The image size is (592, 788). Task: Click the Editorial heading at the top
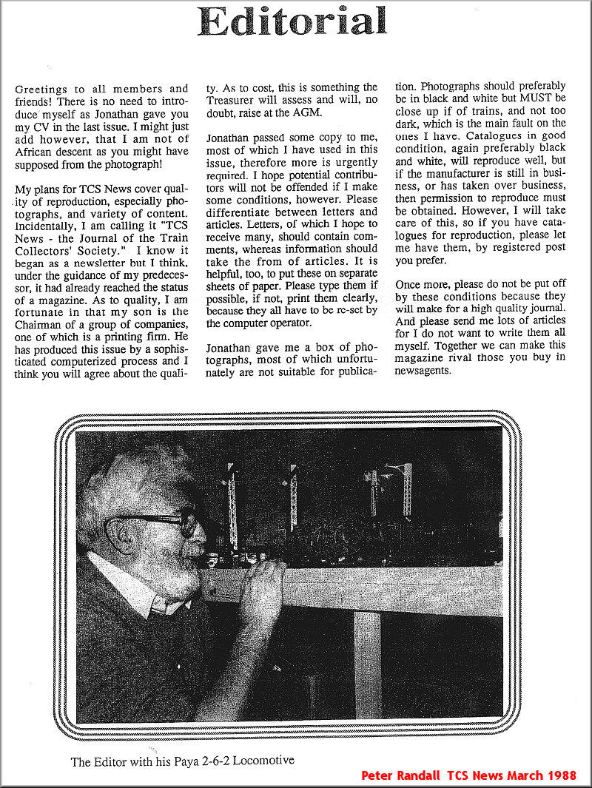click(293, 21)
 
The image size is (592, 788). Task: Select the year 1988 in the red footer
click(565, 776)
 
